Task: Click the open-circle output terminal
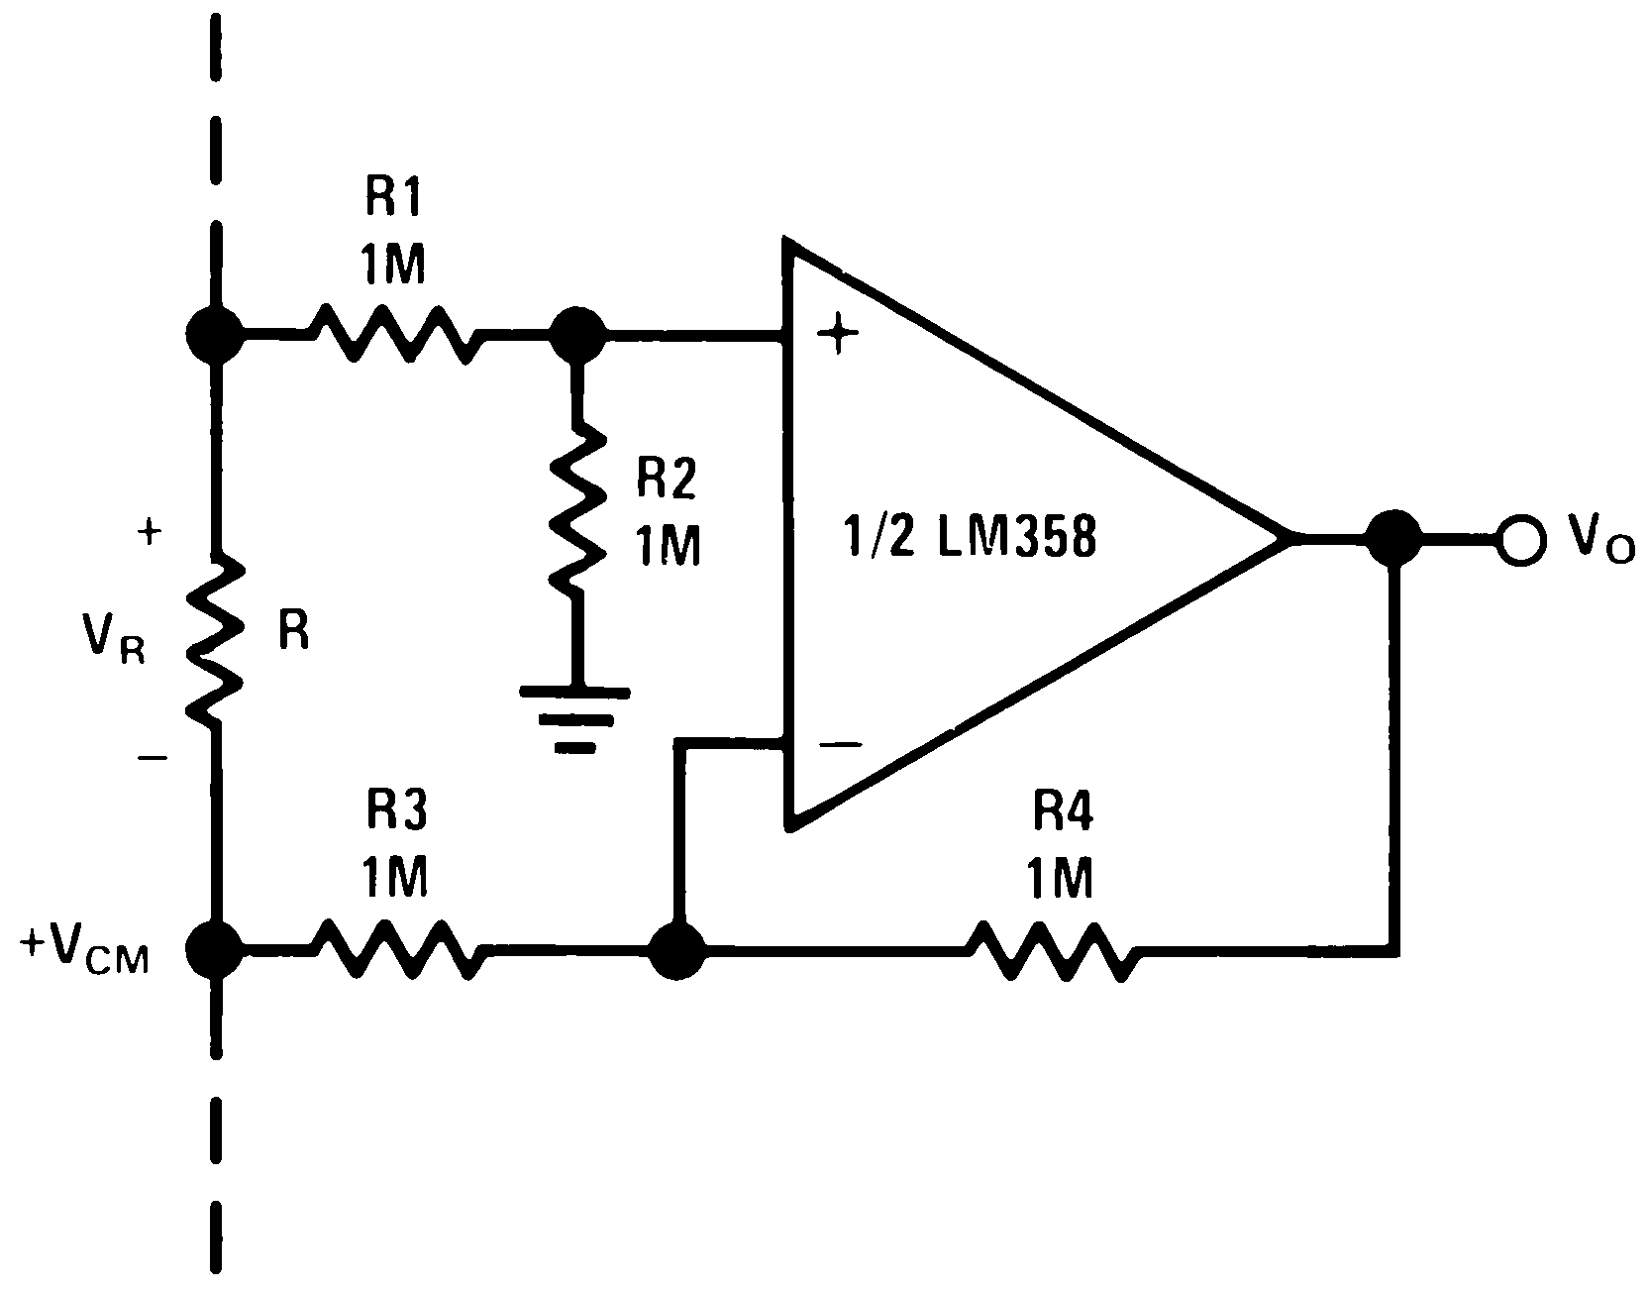(x=1520, y=540)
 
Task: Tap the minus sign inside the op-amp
(x=840, y=744)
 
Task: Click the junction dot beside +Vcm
(x=215, y=949)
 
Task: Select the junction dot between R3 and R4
(x=677, y=951)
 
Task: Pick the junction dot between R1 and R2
(x=575, y=335)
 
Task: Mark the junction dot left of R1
(x=215, y=335)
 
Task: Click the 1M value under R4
(x=1059, y=878)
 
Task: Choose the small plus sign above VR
(x=149, y=533)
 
